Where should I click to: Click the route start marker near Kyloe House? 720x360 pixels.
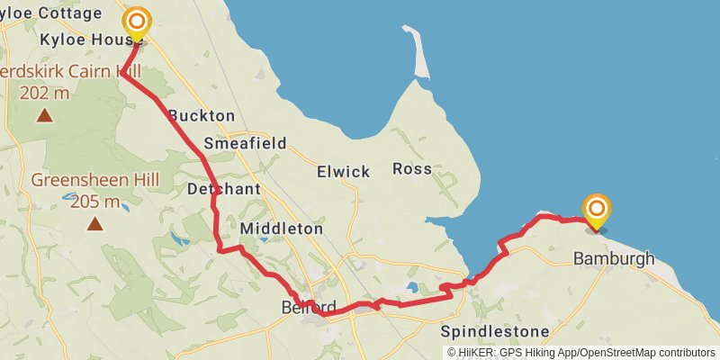[x=137, y=24]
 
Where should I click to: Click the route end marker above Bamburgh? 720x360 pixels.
[x=597, y=211]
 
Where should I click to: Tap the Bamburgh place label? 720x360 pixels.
[x=614, y=259]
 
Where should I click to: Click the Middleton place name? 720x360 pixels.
[x=281, y=229]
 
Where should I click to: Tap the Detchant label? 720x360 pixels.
[x=224, y=189]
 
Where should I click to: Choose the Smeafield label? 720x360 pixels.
[x=245, y=143]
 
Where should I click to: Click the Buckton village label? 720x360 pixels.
[x=202, y=115]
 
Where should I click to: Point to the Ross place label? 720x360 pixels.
[x=412, y=168]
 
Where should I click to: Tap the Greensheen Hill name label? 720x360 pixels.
[x=94, y=180]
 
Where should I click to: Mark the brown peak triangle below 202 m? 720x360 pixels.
[x=44, y=114]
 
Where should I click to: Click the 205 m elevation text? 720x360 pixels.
[x=94, y=201]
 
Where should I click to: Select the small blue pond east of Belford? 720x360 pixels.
[x=413, y=288]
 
